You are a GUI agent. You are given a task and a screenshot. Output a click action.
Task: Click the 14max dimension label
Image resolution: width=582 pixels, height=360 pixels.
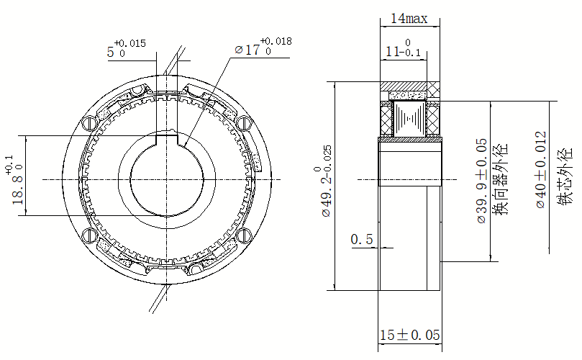(409, 18)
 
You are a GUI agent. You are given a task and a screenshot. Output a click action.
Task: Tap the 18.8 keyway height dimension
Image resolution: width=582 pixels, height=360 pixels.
(15, 180)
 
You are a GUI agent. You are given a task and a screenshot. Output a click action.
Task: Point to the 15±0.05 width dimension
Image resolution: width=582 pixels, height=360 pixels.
(410, 335)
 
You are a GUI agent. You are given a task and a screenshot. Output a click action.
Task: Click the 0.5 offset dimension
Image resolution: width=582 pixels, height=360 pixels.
(362, 239)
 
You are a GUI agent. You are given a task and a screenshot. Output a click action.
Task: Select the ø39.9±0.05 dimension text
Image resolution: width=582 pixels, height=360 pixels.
(482, 181)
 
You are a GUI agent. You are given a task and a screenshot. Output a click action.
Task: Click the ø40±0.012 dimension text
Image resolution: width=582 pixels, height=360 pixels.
(541, 169)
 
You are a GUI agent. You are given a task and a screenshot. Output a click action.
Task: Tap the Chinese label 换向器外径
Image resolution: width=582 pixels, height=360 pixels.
(499, 179)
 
